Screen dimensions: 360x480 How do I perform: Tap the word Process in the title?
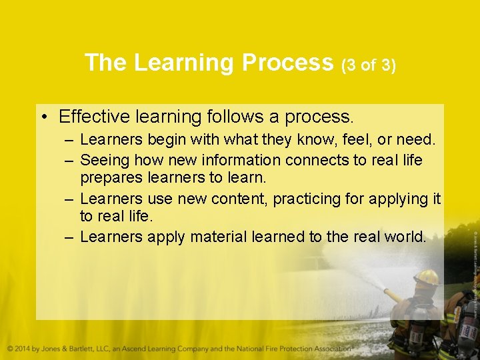point(287,63)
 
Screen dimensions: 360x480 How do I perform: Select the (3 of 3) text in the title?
point(369,65)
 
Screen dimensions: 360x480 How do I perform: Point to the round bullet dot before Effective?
point(43,118)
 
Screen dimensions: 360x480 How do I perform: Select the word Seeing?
point(105,161)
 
